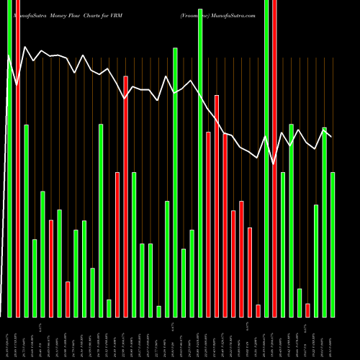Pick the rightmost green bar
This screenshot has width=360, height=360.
pyautogui.click(x=333, y=245)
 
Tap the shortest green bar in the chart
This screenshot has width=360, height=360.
pyautogui.click(x=158, y=311)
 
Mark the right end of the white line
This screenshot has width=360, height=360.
pyautogui.click(x=331, y=135)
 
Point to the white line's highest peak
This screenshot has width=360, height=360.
pyautogui.click(x=26, y=48)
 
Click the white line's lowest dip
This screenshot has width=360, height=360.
pyautogui.click(x=274, y=163)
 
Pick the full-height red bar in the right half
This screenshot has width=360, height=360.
pyautogui.click(x=274, y=158)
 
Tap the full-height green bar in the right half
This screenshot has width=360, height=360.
pyautogui.click(x=266, y=158)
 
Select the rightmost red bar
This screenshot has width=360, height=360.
pyautogui.click(x=307, y=310)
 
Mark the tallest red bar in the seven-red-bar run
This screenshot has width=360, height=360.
pyautogui.click(x=216, y=206)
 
